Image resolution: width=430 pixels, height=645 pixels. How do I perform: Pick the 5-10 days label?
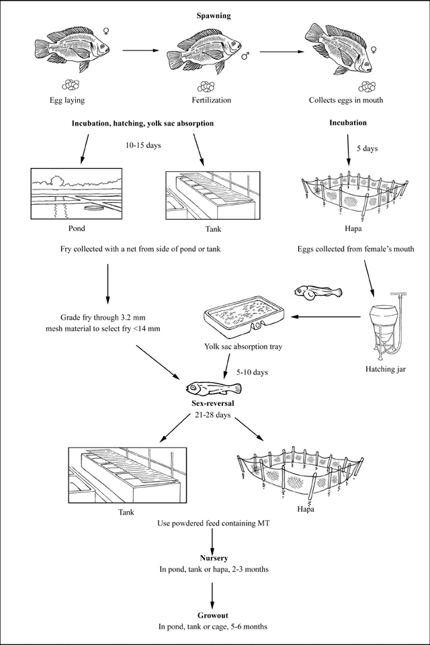coord(252,371)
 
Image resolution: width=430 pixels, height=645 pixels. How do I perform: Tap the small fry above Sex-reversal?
coord(210,389)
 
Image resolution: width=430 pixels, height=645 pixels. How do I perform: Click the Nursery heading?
coord(214,558)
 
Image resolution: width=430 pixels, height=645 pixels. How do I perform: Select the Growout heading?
coord(214,615)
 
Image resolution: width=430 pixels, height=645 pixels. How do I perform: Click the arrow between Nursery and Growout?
coord(213,591)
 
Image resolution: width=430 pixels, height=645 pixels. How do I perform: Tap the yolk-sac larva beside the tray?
coord(318,292)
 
